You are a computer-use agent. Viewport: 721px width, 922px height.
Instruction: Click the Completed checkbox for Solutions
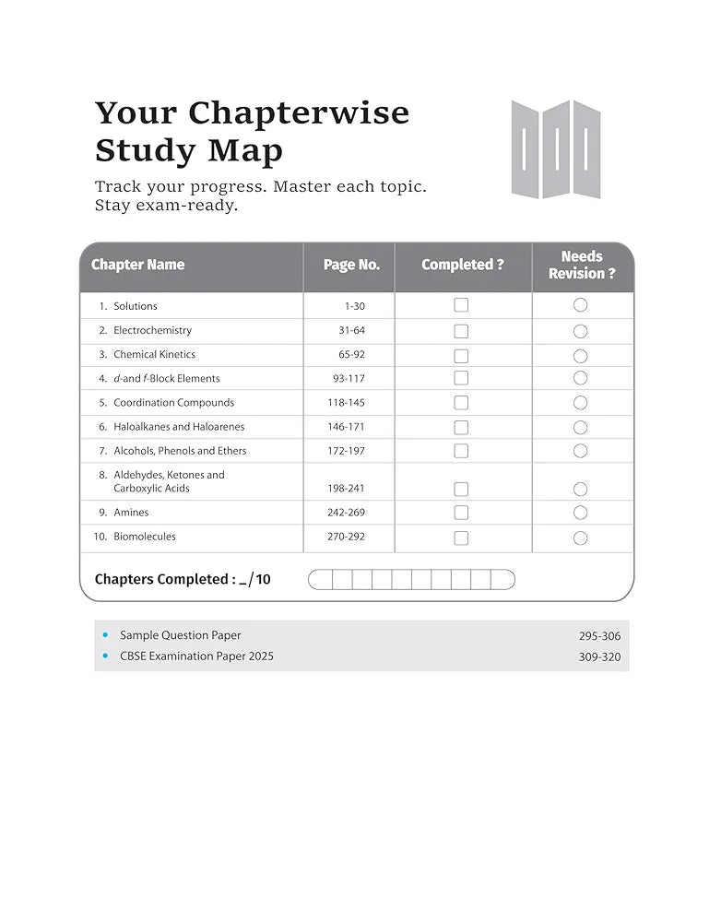point(461,305)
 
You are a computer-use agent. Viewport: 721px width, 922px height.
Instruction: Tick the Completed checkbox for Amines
point(461,513)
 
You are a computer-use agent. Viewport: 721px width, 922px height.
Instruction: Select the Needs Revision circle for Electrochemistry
point(580,331)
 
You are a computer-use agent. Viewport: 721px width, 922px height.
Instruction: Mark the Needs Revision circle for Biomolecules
point(580,538)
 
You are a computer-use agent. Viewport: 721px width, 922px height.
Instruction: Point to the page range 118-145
point(346,403)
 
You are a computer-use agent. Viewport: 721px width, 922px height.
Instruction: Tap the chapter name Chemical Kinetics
point(154,354)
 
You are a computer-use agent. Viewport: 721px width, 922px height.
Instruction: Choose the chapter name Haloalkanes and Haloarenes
point(179,427)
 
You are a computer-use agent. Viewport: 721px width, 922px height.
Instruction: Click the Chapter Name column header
point(137,266)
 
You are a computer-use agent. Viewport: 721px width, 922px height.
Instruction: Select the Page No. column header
point(351,266)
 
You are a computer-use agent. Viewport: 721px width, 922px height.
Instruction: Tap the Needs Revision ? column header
point(582,266)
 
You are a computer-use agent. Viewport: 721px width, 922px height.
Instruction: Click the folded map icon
point(556,149)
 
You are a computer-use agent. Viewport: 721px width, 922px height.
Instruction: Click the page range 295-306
point(599,636)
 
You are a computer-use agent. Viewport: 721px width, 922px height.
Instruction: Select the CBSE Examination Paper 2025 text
point(196,656)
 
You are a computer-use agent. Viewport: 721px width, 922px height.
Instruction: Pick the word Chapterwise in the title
point(299,112)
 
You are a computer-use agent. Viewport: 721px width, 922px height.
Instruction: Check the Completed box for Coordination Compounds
point(461,403)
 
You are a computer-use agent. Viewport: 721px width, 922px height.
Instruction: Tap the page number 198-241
point(346,489)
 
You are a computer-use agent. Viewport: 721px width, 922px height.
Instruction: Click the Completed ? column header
point(463,266)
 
